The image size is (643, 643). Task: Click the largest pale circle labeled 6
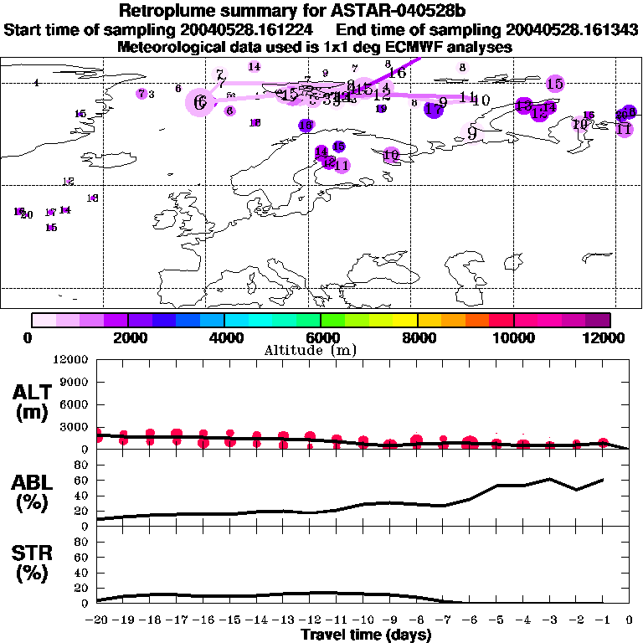pos(199,102)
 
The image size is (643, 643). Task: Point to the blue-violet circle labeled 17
pos(433,109)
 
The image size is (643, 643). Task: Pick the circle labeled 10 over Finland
pos(391,155)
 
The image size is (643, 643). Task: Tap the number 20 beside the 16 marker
pos(27,214)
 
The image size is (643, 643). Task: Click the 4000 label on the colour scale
pos(224,337)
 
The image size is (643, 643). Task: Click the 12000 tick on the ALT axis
pos(71,360)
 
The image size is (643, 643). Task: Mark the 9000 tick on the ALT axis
pos(75,389)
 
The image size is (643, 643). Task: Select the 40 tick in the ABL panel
pos(82,496)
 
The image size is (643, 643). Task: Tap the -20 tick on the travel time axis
pos(97,620)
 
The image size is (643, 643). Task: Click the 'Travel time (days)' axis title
pos(366,635)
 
